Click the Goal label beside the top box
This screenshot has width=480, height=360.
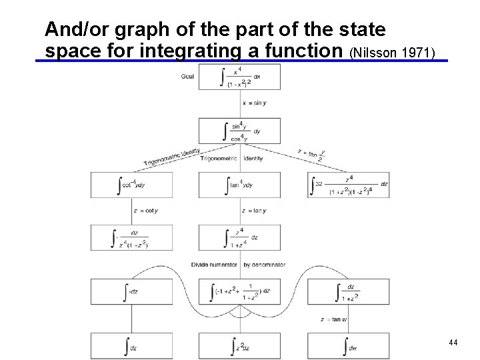coord(188,76)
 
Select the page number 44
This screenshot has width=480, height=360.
coord(453,342)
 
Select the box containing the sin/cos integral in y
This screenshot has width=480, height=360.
coord(239,131)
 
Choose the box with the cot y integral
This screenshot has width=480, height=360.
coord(132,184)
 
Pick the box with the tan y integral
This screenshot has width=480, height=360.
coord(239,184)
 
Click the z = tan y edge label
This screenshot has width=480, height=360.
coord(254,211)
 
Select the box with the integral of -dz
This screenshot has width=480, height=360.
coord(132,291)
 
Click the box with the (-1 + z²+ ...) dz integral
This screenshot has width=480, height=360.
coord(239,291)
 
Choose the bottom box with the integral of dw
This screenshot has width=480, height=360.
coord(347,345)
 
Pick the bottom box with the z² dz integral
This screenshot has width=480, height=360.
coord(239,345)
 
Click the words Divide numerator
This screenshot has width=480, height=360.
coord(213,265)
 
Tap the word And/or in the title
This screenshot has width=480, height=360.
coord(74,29)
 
